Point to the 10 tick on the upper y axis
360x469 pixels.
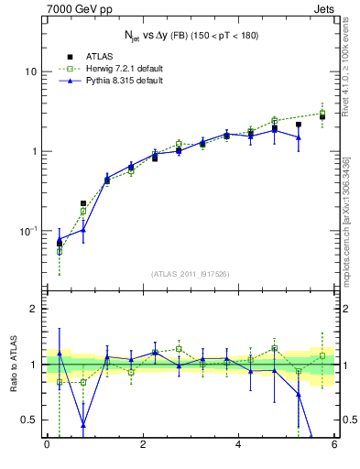click(29, 71)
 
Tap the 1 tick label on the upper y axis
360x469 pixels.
click(32, 151)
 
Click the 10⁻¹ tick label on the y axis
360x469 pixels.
click(27, 231)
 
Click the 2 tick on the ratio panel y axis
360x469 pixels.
click(32, 310)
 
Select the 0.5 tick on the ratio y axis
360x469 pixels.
click(27, 420)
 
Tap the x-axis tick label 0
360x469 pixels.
click(47, 445)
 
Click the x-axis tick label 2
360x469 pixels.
click(143, 445)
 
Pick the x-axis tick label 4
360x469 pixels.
click(239, 445)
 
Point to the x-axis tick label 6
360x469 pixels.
click(334, 445)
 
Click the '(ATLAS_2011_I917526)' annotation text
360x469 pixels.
click(191, 272)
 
